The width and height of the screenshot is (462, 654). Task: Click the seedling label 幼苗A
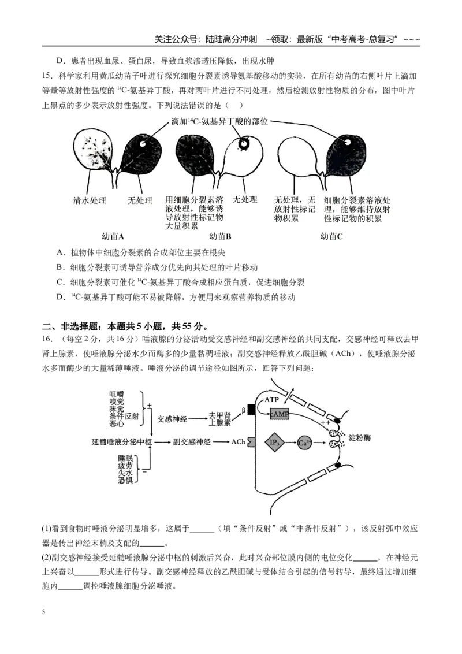click(x=113, y=236)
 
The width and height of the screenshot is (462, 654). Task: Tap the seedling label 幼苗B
click(x=220, y=236)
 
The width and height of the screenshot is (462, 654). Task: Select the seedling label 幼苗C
click(x=331, y=236)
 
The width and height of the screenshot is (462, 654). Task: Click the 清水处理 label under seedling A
click(x=90, y=200)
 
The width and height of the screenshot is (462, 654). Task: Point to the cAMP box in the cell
click(x=280, y=414)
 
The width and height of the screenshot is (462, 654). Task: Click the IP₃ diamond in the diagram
click(x=274, y=443)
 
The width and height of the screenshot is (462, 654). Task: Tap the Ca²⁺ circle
click(x=304, y=443)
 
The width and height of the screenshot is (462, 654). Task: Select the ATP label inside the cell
click(x=271, y=399)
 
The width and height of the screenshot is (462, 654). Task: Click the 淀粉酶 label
click(x=359, y=437)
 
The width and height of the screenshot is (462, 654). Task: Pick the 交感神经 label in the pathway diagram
click(x=172, y=419)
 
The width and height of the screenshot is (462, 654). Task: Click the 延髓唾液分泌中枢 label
click(x=122, y=442)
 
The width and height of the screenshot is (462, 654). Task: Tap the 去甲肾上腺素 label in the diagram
click(x=220, y=419)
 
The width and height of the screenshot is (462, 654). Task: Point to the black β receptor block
click(x=251, y=410)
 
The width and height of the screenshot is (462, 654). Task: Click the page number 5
click(x=43, y=612)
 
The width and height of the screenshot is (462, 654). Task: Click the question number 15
click(x=47, y=76)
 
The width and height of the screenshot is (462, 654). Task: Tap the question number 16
click(x=47, y=339)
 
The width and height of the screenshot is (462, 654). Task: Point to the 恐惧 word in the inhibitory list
click(x=125, y=480)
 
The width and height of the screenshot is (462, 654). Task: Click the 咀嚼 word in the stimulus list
click(x=117, y=394)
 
